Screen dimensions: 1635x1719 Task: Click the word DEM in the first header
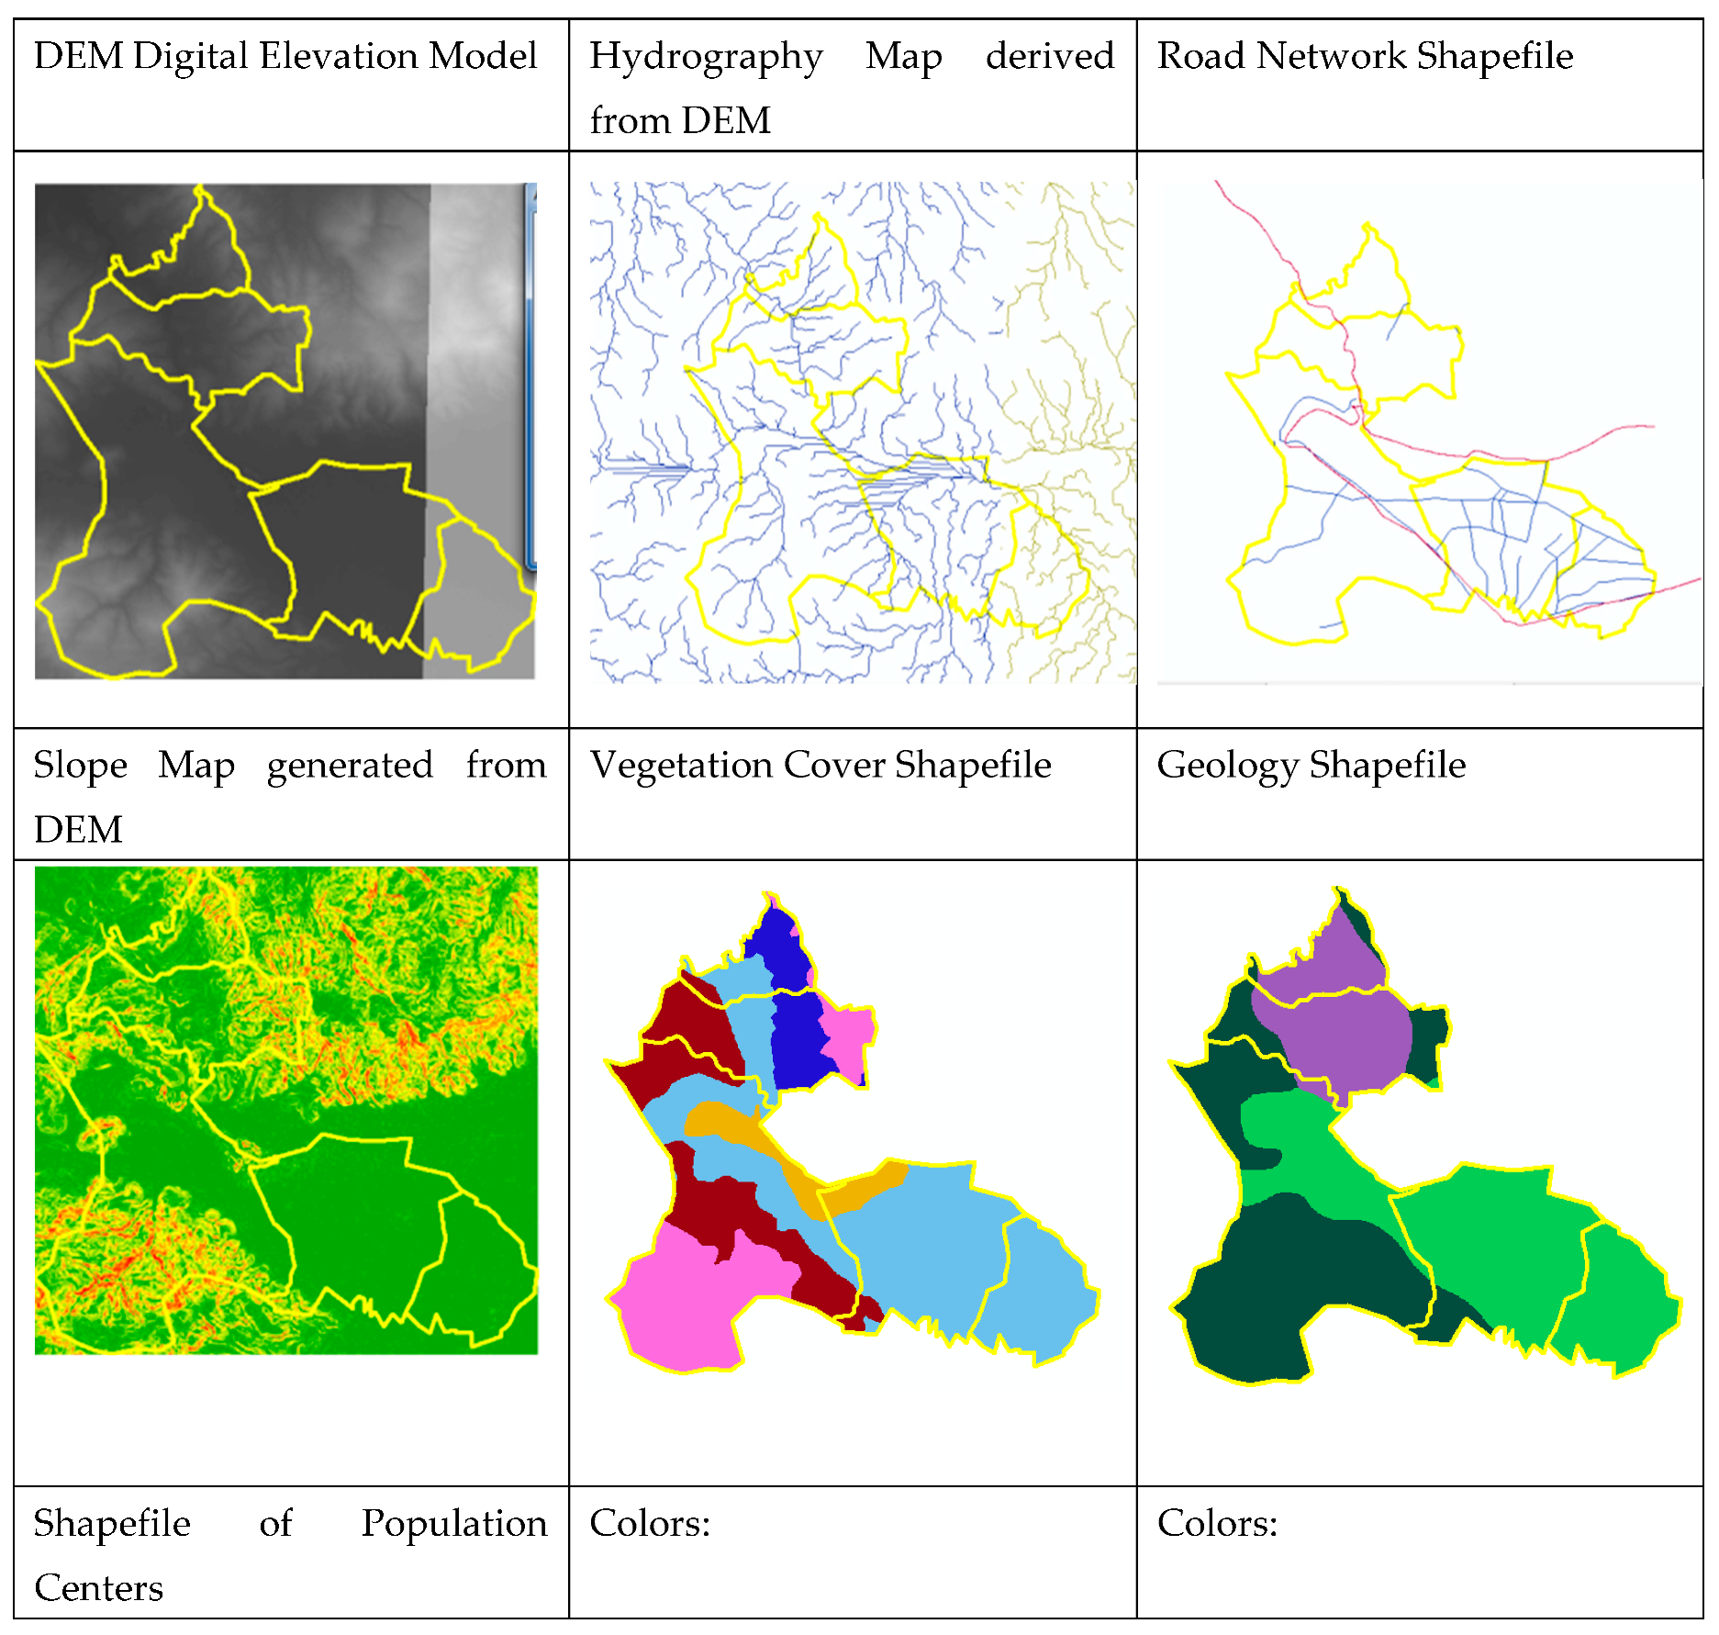point(78,56)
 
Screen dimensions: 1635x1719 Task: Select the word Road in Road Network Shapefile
point(1200,56)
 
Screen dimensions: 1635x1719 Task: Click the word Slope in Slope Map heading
point(80,766)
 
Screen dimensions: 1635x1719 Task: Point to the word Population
point(453,1523)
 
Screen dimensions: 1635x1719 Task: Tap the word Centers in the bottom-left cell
point(98,1587)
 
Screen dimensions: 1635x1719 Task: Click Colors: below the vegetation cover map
point(649,1523)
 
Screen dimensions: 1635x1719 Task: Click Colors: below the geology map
point(1216,1523)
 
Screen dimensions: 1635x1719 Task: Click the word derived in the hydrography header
point(1049,56)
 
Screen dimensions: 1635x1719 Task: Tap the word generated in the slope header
point(350,766)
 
